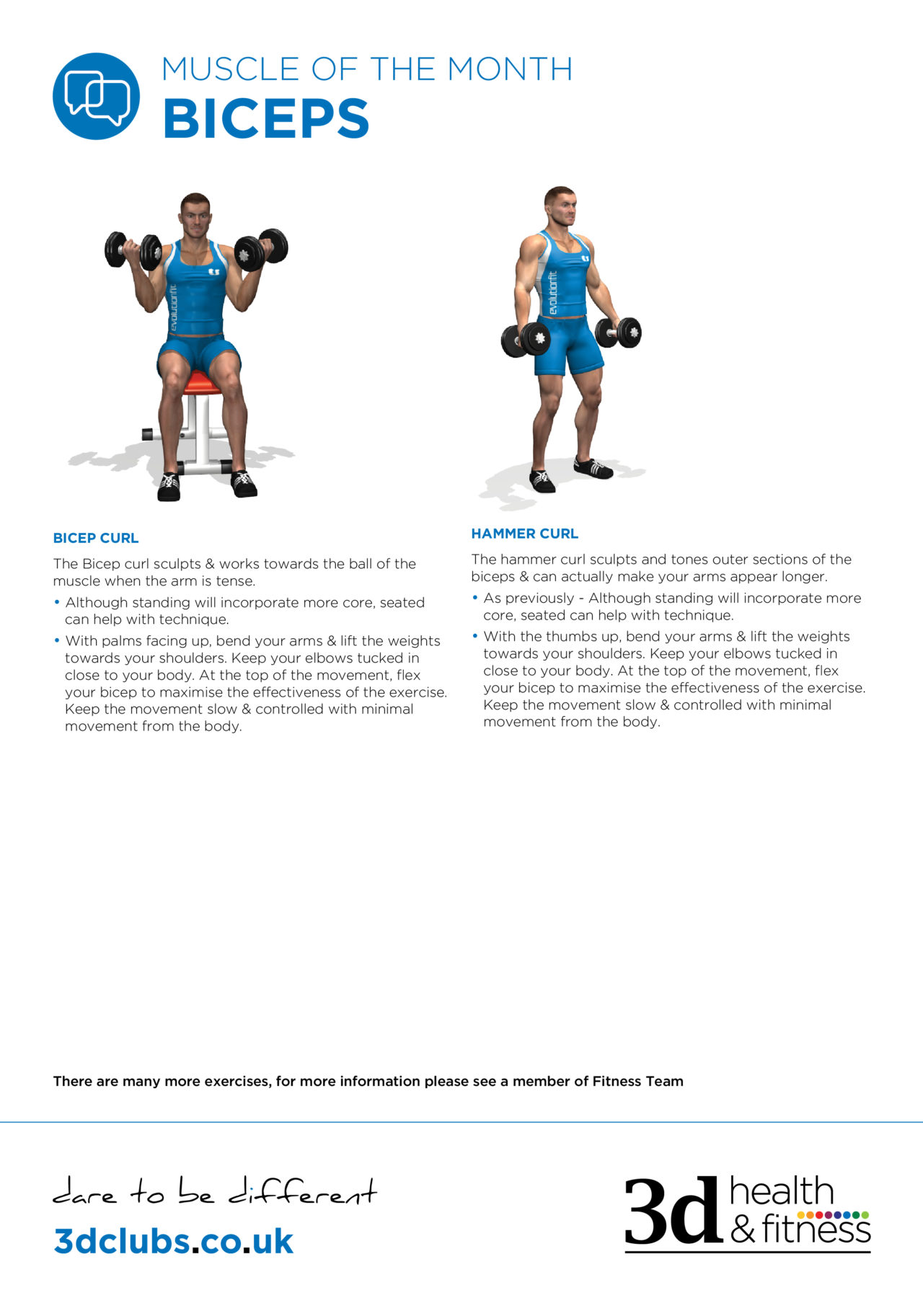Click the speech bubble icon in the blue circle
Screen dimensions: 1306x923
96,96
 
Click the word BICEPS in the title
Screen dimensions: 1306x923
266,119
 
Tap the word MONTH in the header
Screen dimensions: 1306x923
509,69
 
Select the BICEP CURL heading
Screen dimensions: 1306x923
96,538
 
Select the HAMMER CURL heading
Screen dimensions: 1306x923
524,534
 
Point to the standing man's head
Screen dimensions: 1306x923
560,206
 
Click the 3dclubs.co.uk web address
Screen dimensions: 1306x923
173,1241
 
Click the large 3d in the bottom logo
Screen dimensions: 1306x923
672,1211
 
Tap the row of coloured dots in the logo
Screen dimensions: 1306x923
832,1215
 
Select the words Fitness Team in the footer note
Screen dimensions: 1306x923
637,1081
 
